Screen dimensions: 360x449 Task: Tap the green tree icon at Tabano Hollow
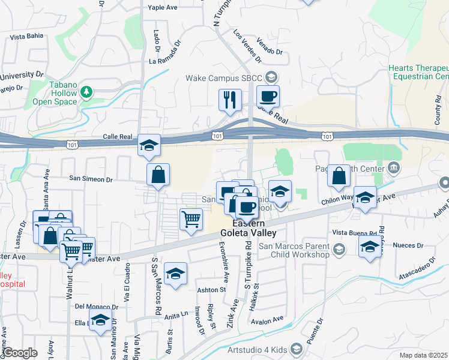click(88, 92)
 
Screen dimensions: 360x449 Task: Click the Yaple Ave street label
click(163, 8)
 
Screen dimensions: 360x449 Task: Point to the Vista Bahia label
click(26, 37)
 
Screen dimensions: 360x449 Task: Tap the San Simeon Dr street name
click(91, 179)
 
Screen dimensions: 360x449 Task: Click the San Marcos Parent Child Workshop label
click(294, 250)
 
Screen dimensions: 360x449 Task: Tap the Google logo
click(20, 353)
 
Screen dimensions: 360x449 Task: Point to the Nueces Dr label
click(408, 245)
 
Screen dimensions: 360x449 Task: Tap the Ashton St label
click(211, 289)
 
